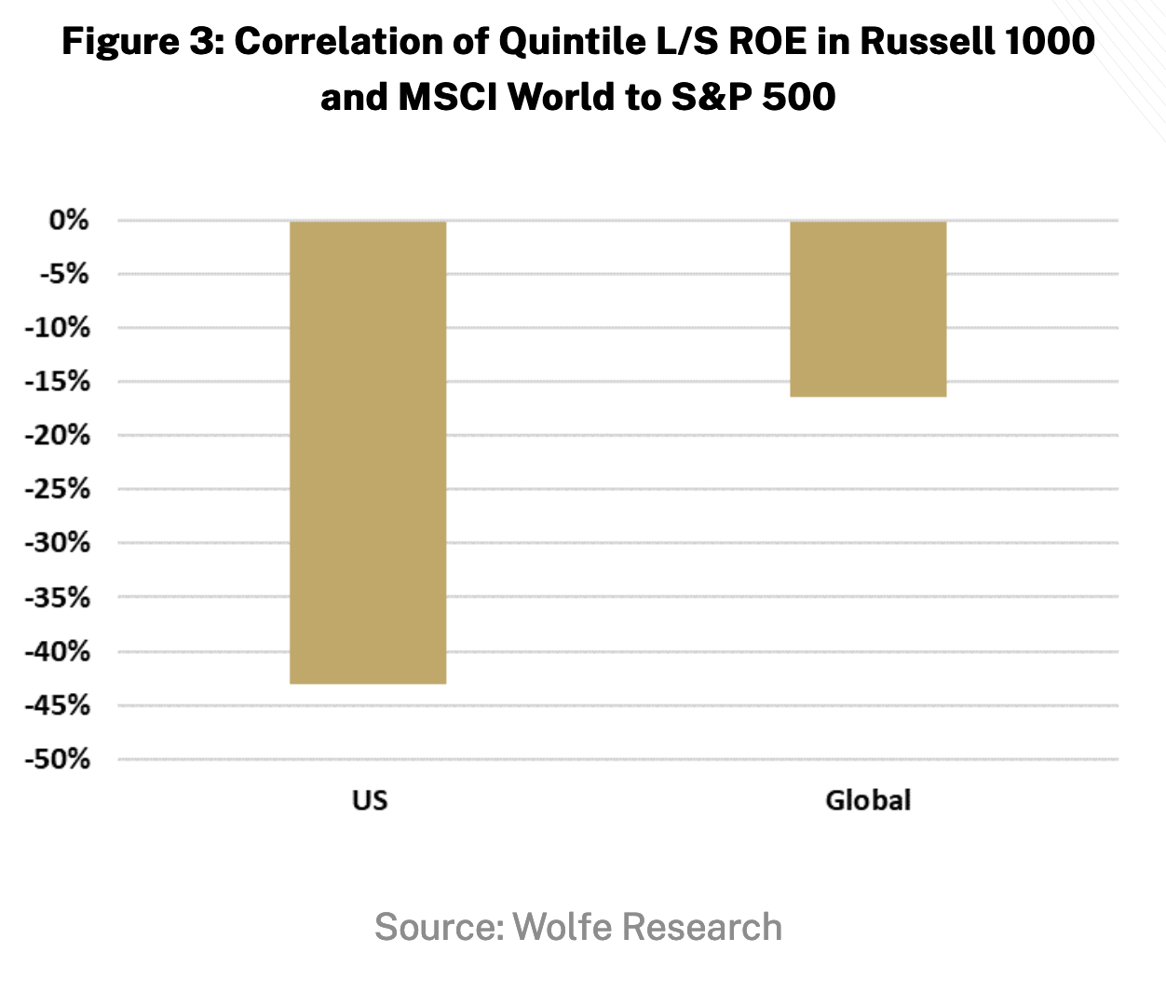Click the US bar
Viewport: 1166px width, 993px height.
tap(368, 453)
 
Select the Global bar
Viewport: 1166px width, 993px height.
tap(868, 309)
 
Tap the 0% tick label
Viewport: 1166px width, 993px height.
tap(70, 221)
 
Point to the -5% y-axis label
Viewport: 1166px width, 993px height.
tap(63, 275)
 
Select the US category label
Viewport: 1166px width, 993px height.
tap(369, 800)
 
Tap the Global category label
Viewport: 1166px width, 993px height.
tap(868, 800)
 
